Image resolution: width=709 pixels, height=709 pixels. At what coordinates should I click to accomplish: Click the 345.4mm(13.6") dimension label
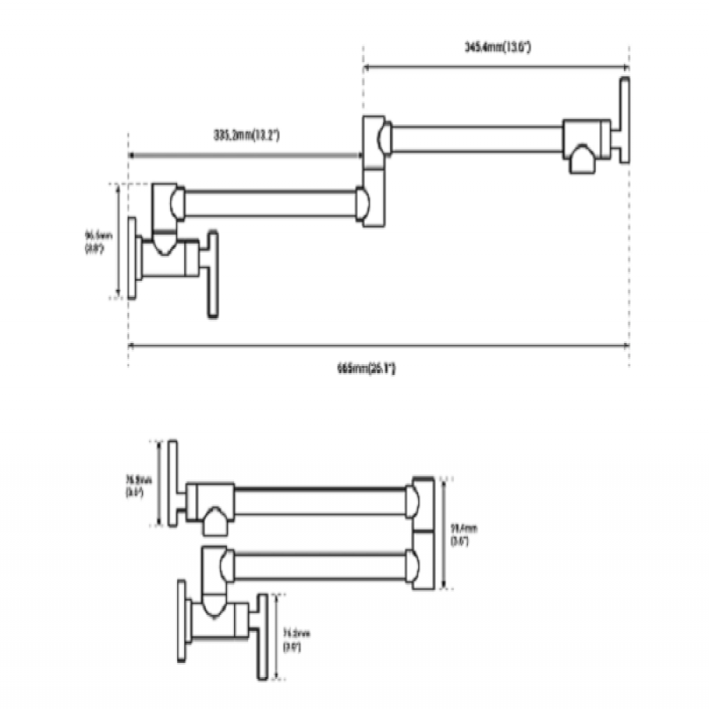[497, 47]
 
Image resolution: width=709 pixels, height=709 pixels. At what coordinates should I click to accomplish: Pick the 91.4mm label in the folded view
[460, 534]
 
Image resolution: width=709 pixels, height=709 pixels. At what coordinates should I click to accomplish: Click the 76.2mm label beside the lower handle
[293, 640]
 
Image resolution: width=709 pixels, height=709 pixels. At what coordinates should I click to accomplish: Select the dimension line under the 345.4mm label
[496, 65]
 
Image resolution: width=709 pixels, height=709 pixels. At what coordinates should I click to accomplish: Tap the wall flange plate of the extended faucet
[132, 257]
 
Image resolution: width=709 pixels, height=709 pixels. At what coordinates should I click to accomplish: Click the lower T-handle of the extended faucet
[213, 275]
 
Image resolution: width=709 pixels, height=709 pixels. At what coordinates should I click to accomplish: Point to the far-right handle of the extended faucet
[625, 121]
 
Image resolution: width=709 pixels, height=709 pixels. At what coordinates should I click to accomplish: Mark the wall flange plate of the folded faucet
[183, 624]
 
